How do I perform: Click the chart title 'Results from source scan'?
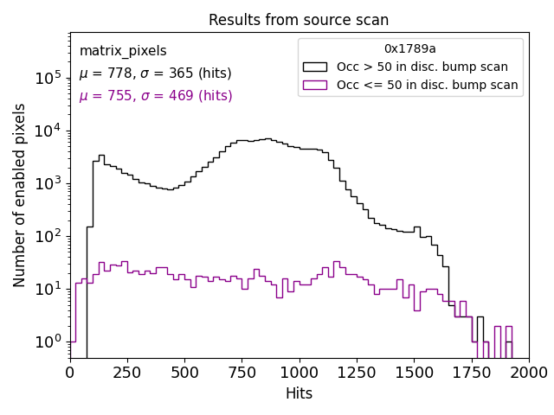[299, 20]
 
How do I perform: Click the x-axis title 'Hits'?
[299, 393]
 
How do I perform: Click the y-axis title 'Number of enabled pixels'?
[20, 195]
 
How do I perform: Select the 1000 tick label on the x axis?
[299, 372]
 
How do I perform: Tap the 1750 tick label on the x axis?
[471, 372]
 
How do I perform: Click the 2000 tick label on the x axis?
[528, 372]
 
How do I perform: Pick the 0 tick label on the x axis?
[70, 372]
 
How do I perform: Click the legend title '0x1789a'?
[410, 49]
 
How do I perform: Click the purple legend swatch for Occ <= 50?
[315, 85]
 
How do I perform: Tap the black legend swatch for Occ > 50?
[315, 67]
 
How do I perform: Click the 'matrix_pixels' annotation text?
[123, 51]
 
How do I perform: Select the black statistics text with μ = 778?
[155, 73]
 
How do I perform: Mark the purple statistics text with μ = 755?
[155, 96]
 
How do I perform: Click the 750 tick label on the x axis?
[242, 372]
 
